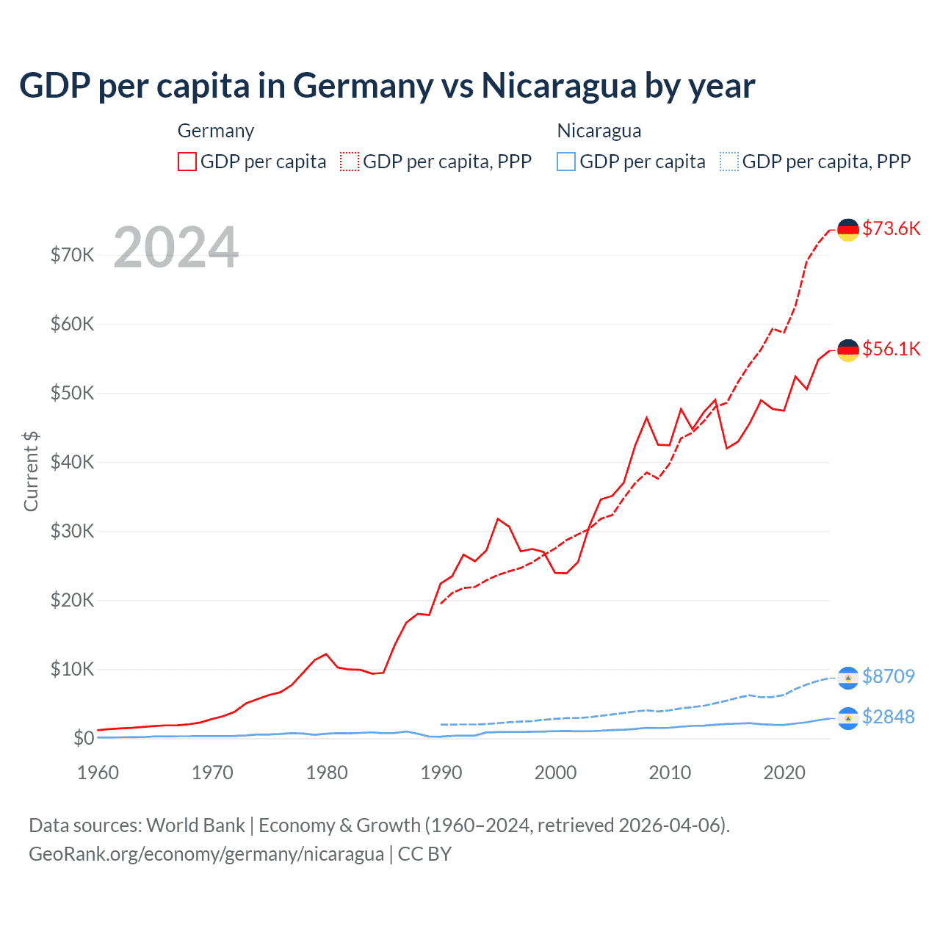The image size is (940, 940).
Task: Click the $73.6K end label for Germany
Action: (891, 228)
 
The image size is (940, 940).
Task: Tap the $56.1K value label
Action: (891, 349)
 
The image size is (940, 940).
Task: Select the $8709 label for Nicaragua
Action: (888, 676)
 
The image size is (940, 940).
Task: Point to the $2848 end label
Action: (888, 717)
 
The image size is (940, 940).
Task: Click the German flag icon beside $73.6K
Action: (848, 230)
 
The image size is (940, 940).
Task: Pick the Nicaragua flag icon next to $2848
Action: (848, 718)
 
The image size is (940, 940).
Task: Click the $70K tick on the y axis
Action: (72, 255)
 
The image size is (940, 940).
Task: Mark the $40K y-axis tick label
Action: (72, 462)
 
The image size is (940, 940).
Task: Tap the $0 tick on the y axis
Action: (84, 738)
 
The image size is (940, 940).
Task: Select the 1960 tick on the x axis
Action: (98, 773)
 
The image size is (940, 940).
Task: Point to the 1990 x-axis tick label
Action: (441, 773)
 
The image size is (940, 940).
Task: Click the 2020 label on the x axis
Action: (784, 773)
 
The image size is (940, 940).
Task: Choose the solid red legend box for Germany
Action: (187, 162)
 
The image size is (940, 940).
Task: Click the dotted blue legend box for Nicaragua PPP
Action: (729, 162)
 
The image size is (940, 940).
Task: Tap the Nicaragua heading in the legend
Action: (599, 131)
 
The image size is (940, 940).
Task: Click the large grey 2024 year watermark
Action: (176, 247)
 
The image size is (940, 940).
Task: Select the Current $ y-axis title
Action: (31, 471)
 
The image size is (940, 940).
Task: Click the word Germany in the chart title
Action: (364, 85)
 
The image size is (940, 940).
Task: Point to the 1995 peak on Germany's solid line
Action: (498, 519)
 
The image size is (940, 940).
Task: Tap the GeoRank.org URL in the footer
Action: (206, 854)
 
